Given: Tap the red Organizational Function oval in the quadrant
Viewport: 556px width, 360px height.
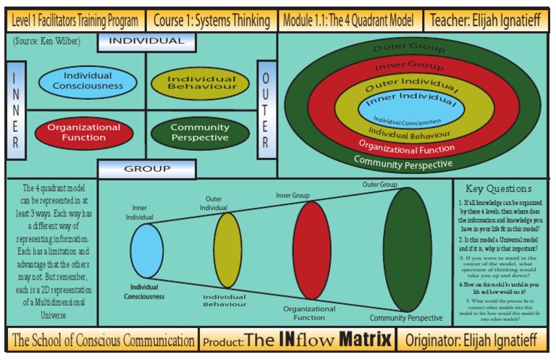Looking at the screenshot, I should tap(84, 132).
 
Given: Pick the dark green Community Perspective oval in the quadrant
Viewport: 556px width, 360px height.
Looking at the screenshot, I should tap(200, 133).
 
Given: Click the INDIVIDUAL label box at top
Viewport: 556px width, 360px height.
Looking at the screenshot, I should tap(146, 41).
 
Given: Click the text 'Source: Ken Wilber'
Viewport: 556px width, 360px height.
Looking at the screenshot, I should tap(46, 42).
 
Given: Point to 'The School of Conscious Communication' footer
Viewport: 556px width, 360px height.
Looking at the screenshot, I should tap(104, 340).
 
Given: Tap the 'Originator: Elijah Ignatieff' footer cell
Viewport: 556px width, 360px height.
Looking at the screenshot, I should tap(475, 340).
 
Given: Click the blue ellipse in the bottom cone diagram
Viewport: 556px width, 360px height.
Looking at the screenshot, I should tap(147, 251).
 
